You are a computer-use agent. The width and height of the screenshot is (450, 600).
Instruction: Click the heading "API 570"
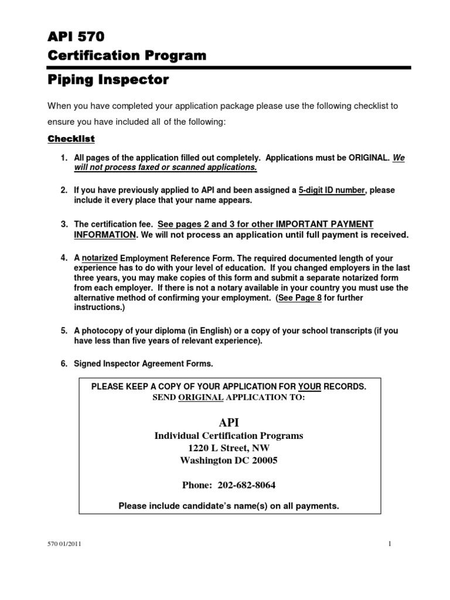tap(76, 37)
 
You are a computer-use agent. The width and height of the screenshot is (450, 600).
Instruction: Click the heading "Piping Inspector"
tap(108, 80)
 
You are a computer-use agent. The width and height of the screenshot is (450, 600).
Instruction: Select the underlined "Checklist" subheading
tap(71, 139)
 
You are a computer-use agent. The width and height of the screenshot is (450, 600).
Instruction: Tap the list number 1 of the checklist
tap(64, 158)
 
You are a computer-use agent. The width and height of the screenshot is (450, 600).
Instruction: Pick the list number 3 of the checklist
tap(64, 224)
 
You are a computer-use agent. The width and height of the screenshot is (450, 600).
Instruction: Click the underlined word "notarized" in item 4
tap(100, 257)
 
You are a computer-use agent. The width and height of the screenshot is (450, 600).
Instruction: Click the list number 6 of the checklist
tap(64, 364)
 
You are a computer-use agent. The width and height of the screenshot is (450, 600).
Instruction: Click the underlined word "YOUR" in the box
tap(309, 387)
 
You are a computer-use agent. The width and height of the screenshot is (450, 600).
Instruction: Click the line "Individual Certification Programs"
tap(229, 436)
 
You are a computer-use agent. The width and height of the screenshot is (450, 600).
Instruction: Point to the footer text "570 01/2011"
tap(64, 544)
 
